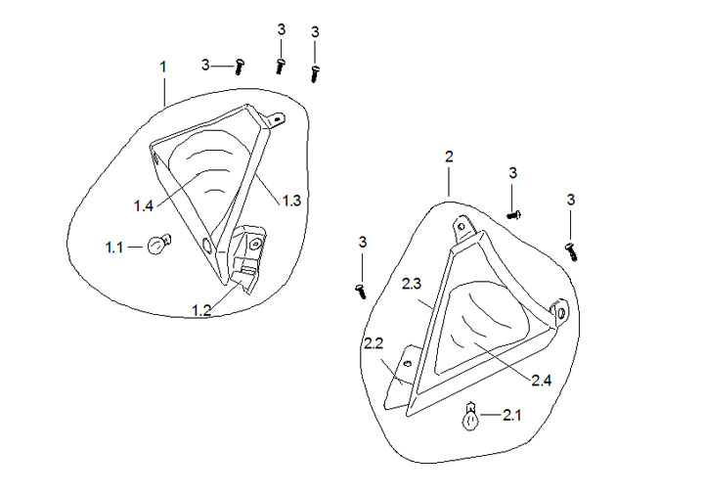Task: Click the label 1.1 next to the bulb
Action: tap(114, 248)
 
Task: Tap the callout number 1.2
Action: tap(201, 310)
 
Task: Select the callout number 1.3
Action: tap(291, 201)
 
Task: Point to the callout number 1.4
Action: tap(144, 205)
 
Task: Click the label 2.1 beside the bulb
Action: tap(512, 416)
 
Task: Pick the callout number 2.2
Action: tap(373, 343)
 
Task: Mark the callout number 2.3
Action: tap(412, 284)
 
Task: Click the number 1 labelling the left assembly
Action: tap(163, 66)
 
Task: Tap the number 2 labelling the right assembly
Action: tap(449, 157)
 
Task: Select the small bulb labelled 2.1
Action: tap(470, 419)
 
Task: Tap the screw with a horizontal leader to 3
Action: tap(240, 65)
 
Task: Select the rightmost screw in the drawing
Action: tap(573, 249)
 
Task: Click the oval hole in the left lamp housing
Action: tap(204, 244)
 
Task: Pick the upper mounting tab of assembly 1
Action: tap(279, 121)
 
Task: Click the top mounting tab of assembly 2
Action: tap(462, 227)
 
